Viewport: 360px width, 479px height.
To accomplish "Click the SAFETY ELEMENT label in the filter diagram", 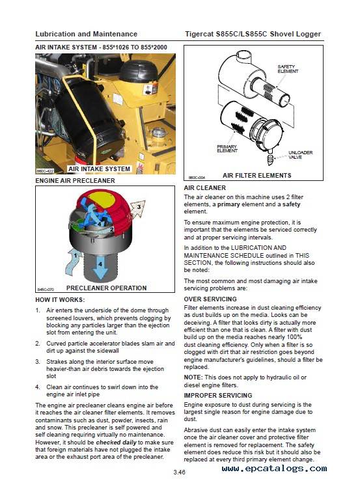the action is (x=288, y=69).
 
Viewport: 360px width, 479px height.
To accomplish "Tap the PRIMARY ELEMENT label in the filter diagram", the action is (x=227, y=148).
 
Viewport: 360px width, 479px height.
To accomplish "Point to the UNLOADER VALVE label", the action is (x=300, y=155).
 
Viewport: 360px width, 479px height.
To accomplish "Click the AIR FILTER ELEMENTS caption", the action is (x=256, y=175).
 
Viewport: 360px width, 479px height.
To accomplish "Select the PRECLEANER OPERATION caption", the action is (x=106, y=288).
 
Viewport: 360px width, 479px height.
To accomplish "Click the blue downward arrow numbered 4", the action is (x=100, y=269).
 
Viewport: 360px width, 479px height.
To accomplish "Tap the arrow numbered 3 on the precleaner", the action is (x=138, y=209).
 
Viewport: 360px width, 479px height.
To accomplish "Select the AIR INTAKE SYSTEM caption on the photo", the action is (x=99, y=169).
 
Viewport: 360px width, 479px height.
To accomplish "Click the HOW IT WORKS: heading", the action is (x=60, y=299).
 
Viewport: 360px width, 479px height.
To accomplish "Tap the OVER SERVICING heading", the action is (x=210, y=299).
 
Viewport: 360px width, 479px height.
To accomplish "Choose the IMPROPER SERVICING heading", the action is (x=218, y=396).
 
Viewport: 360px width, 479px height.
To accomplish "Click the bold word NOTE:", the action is (x=193, y=377).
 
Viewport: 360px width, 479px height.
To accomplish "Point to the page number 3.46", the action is (x=179, y=472).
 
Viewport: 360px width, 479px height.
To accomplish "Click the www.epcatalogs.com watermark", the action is (x=275, y=468).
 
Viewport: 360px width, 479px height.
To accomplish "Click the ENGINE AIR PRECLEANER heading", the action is (x=75, y=180).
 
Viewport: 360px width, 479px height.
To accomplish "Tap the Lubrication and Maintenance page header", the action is (x=86, y=34).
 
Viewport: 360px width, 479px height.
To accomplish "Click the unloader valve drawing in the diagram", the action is (x=270, y=157).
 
